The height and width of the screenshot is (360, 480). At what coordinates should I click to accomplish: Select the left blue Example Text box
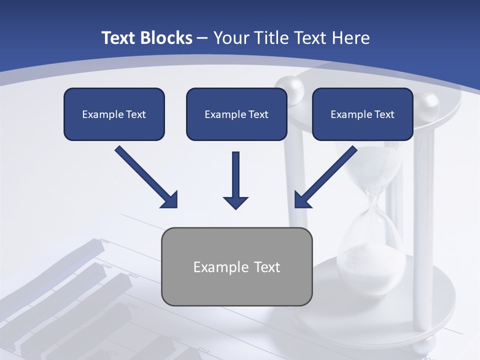click(114, 114)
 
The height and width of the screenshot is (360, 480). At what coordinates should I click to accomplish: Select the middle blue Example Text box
click(236, 114)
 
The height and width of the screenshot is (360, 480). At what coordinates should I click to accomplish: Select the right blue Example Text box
click(362, 114)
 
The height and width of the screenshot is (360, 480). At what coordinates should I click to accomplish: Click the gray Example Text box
click(236, 266)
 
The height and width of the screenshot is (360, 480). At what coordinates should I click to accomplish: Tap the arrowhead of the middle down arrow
click(235, 202)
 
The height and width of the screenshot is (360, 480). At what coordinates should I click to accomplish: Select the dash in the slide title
click(202, 38)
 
